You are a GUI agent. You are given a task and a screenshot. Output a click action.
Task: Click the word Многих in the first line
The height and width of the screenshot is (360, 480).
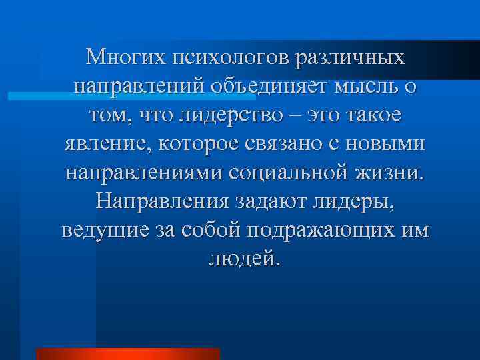pos(125,58)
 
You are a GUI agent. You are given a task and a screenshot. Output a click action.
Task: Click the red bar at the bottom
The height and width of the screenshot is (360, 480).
pos(127,354)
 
